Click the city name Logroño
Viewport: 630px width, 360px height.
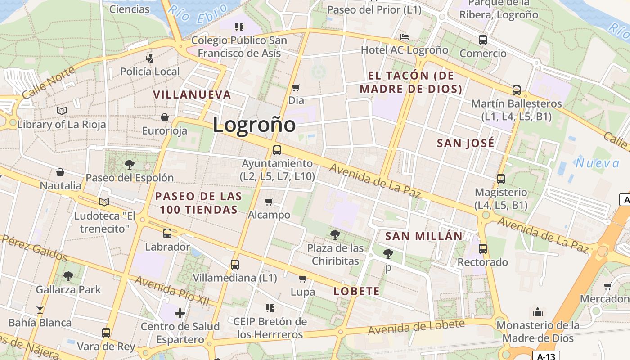pos(254,125)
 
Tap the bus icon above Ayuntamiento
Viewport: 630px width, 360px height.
pos(277,150)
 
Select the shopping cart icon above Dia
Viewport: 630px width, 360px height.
pos(296,87)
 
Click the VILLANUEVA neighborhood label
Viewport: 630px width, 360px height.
pos(192,95)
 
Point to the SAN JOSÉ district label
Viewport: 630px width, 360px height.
pos(466,144)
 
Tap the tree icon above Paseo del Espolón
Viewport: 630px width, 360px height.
pos(130,164)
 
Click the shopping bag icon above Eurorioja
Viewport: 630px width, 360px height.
pos(165,117)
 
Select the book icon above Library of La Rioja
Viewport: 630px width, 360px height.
pos(62,111)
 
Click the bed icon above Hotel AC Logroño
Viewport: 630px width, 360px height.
pos(405,36)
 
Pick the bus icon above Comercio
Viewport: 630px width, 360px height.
pos(483,40)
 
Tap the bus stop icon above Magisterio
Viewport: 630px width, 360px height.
pos(501,179)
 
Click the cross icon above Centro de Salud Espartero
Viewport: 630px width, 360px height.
pos(180,313)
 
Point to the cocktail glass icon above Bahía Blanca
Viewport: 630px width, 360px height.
pos(40,309)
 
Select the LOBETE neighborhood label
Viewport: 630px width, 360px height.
pos(356,291)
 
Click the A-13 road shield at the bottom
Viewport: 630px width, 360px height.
pos(546,356)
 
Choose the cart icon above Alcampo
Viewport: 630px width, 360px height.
pos(269,202)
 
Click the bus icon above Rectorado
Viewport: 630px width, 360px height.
pos(483,248)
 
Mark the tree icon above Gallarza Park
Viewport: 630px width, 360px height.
pos(68,276)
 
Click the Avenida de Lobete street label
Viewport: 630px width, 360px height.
pos(416,327)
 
